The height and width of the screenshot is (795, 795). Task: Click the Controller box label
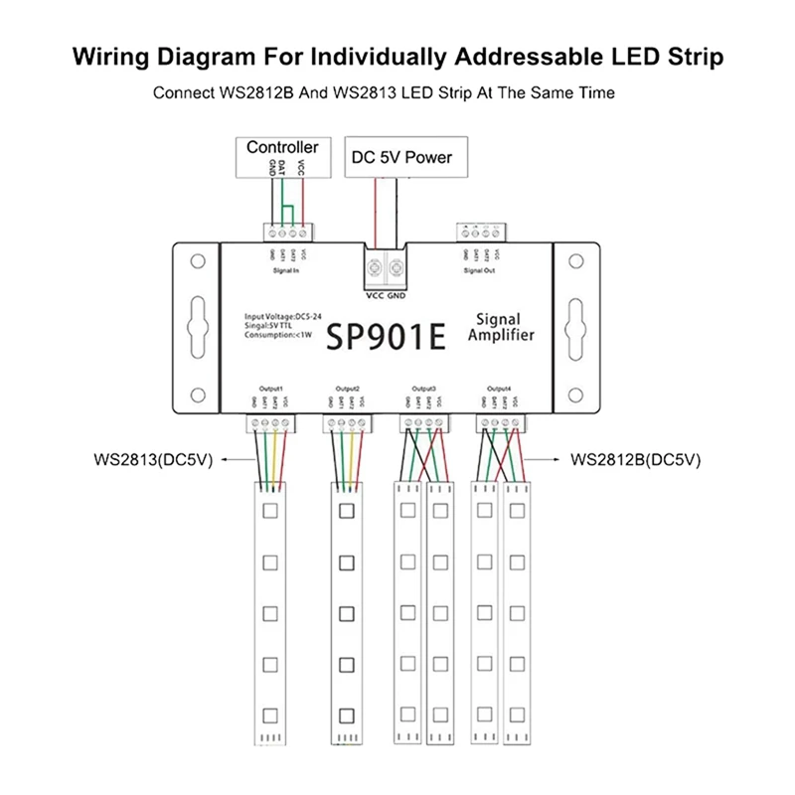(x=282, y=148)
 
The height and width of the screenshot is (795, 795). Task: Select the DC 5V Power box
(x=401, y=156)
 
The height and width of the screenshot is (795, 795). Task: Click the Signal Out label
(x=480, y=268)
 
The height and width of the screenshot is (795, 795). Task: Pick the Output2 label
(x=347, y=388)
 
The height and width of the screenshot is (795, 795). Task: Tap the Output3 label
(x=423, y=388)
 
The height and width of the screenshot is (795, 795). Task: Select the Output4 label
(x=501, y=388)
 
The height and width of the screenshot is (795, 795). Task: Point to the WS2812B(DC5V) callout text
(x=637, y=460)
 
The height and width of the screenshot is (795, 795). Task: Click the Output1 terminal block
(x=268, y=424)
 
